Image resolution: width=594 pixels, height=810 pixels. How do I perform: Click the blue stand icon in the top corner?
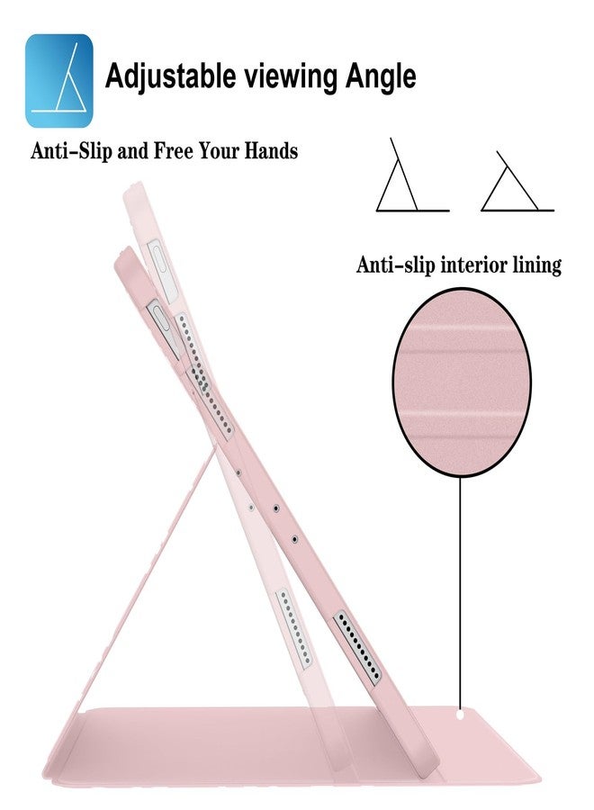58,81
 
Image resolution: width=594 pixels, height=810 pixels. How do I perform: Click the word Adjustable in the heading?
170,76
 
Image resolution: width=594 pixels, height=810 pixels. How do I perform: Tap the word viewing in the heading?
290,77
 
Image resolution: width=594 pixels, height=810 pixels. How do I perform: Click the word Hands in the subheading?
271,151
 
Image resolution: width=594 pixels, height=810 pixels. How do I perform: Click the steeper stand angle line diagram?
411,175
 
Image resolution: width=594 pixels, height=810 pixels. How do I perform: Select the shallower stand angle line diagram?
517,182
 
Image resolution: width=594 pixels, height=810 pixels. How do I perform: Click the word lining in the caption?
536,265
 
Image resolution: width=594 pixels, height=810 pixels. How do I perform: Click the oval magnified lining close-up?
463,382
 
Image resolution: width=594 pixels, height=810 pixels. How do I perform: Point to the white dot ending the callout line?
461,715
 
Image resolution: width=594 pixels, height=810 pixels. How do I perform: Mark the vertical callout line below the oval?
460,594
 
